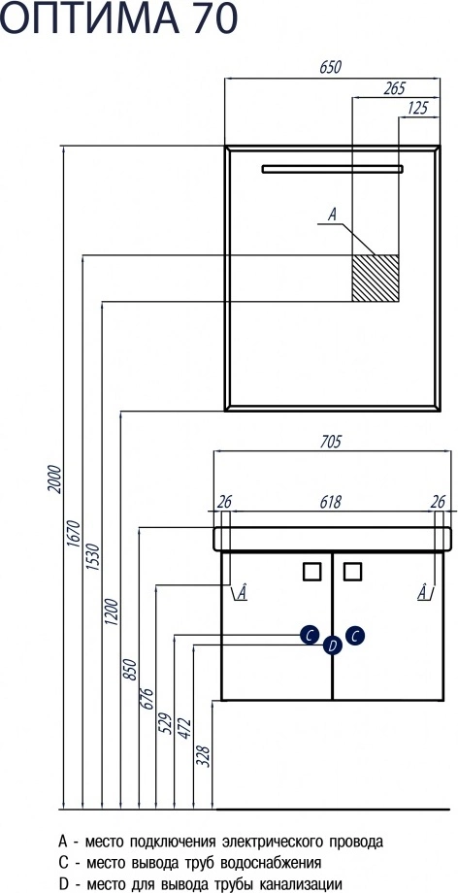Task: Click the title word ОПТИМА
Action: (92, 17)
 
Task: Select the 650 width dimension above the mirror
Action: (330, 67)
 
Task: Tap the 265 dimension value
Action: (394, 88)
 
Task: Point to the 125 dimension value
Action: (417, 108)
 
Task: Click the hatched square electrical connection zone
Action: (375, 278)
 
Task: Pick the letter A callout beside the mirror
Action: (333, 215)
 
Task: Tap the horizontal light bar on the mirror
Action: (332, 169)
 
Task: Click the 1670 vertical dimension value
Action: (74, 534)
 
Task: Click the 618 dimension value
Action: (330, 503)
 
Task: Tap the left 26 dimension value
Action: (224, 503)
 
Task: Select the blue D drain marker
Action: (333, 645)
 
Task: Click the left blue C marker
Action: (310, 635)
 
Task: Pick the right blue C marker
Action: (354, 635)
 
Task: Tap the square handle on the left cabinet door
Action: (312, 571)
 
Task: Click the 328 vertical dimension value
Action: (206, 756)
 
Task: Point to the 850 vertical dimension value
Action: (130, 669)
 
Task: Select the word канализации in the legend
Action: (301, 884)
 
